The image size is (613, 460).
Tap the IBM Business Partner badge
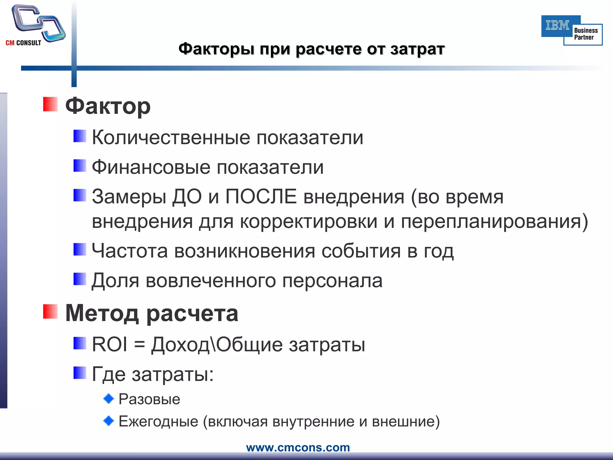coord(571,30)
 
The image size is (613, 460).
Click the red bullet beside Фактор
coord(50,104)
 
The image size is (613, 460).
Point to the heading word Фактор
coord(108,106)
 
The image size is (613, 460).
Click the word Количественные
coord(171,138)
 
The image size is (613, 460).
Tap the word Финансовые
coord(151,167)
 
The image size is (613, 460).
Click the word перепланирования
coord(494,222)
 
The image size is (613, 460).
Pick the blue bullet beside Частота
coord(80,249)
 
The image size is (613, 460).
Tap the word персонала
coord(332,281)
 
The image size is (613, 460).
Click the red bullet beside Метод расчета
coord(50,311)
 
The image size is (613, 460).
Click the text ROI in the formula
coord(109,344)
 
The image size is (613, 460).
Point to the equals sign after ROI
coord(139,345)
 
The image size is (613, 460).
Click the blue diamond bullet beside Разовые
coord(109,399)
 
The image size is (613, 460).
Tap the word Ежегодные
coord(158,421)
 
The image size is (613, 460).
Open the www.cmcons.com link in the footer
coord(298,447)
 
